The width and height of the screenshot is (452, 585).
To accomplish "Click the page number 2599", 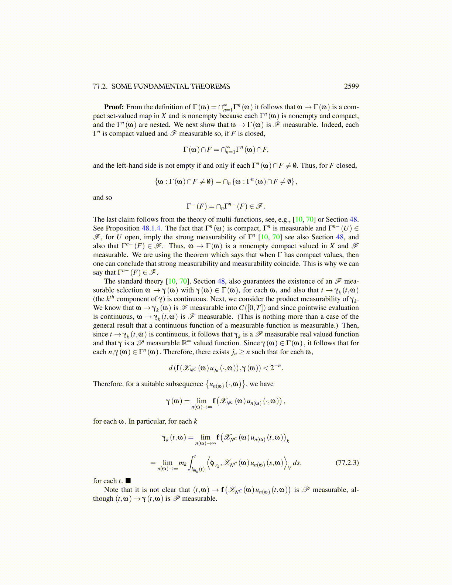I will (x=351, y=86).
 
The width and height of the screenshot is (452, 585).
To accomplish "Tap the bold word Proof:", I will (x=114, y=107).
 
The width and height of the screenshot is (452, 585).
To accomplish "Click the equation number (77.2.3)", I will (x=347, y=462).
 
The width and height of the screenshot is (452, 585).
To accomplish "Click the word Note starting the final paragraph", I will (x=111, y=490).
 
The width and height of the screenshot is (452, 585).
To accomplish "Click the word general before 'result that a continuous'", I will (x=105, y=325).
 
